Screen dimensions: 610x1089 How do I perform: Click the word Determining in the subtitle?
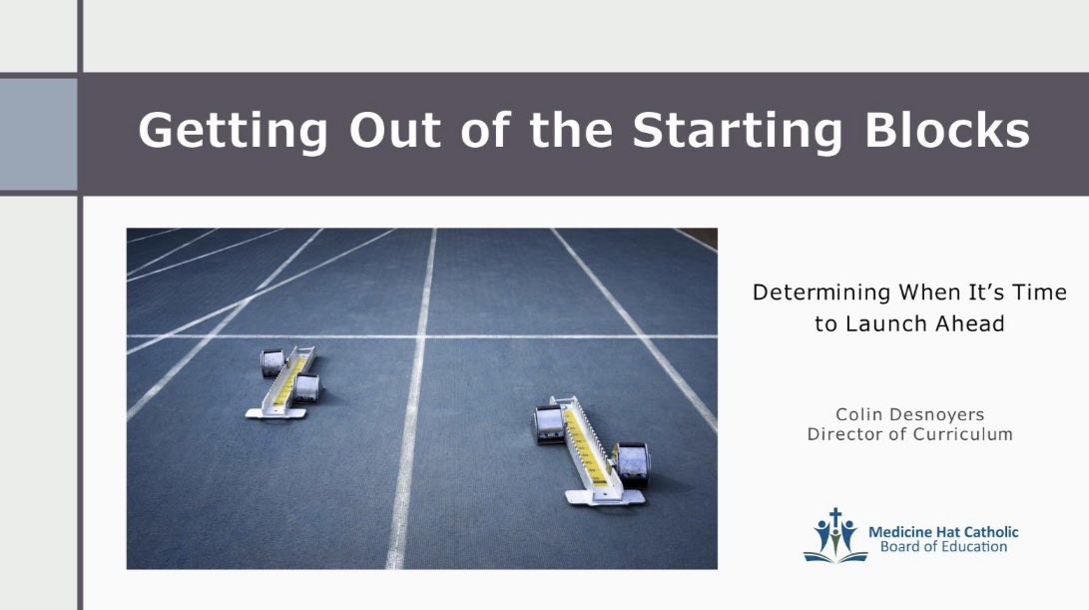[x=821, y=293]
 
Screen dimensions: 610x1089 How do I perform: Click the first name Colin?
[x=861, y=413]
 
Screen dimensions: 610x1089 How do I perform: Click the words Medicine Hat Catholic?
[x=943, y=532]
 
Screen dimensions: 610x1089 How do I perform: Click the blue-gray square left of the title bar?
[x=38, y=134]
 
